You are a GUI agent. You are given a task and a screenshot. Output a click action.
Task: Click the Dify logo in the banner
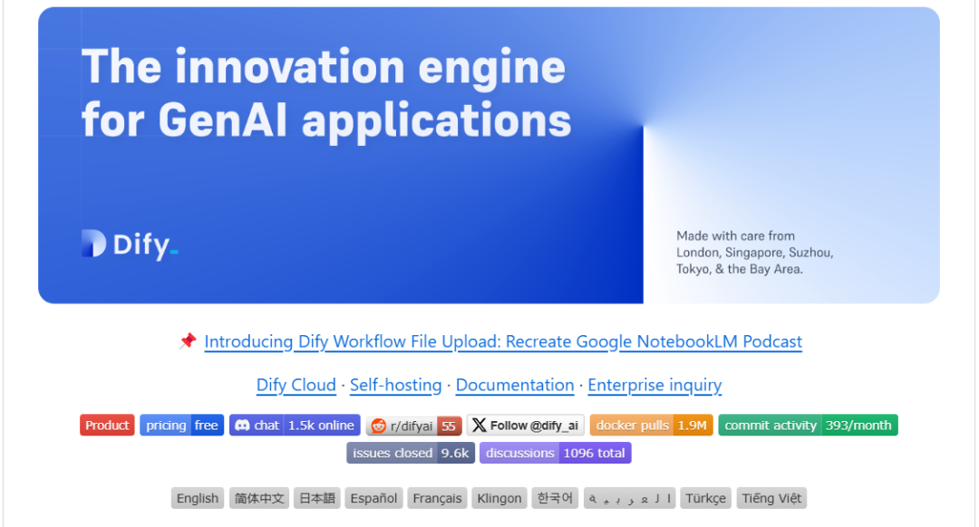coord(130,244)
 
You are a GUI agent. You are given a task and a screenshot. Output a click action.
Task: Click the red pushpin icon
coord(188,340)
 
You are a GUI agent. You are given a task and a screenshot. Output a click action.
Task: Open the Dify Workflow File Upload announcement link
coord(503,341)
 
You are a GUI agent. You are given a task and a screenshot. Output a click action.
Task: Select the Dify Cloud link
coord(296,385)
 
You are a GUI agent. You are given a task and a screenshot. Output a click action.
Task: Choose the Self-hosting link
coord(396,385)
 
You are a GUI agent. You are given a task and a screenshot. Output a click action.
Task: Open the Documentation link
coord(515,385)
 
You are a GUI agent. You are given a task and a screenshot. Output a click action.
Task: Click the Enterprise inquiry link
coord(654,385)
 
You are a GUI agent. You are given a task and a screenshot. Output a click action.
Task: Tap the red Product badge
coord(107,426)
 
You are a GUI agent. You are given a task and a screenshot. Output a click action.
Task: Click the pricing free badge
coord(181,426)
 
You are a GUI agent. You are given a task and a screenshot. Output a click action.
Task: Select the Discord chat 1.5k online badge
coord(295,426)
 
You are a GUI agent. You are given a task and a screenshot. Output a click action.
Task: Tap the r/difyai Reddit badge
coord(414,426)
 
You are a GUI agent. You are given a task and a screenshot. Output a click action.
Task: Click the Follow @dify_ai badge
coord(526,426)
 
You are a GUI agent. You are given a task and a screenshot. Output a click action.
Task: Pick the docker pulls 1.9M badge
coord(651,426)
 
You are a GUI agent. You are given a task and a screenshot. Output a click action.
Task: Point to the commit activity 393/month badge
coord(808,426)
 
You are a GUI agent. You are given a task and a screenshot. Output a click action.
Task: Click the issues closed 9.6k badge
coord(411,453)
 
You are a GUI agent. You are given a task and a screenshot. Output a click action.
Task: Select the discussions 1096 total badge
coord(556,453)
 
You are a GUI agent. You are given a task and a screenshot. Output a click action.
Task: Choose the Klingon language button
coord(499,498)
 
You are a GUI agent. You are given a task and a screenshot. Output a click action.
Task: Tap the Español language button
coord(373,498)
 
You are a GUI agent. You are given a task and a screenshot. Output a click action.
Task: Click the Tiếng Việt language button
coord(771,498)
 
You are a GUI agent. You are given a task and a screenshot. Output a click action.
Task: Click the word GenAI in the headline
coord(222,120)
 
